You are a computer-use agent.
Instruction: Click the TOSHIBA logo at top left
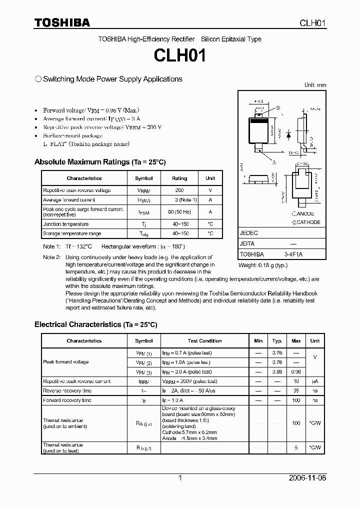point(62,22)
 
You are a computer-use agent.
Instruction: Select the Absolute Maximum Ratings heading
point(99,162)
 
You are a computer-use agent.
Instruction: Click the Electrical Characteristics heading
point(95,324)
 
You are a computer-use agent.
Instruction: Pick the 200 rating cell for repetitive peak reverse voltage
point(179,190)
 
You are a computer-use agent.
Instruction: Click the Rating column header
point(179,178)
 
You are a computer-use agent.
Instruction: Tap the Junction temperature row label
point(65,224)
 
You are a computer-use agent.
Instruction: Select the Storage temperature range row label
point(72,233)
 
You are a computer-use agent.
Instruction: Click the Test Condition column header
point(204,341)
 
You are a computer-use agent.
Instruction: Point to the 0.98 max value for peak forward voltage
point(296,372)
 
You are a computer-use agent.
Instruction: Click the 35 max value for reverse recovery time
point(296,390)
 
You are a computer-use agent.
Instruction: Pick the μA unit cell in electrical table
point(314,381)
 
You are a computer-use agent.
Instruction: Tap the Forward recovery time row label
point(67,400)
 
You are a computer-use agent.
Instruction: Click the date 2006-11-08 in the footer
point(307,478)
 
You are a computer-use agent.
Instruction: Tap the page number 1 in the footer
point(180,478)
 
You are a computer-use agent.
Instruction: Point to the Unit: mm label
point(315,85)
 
